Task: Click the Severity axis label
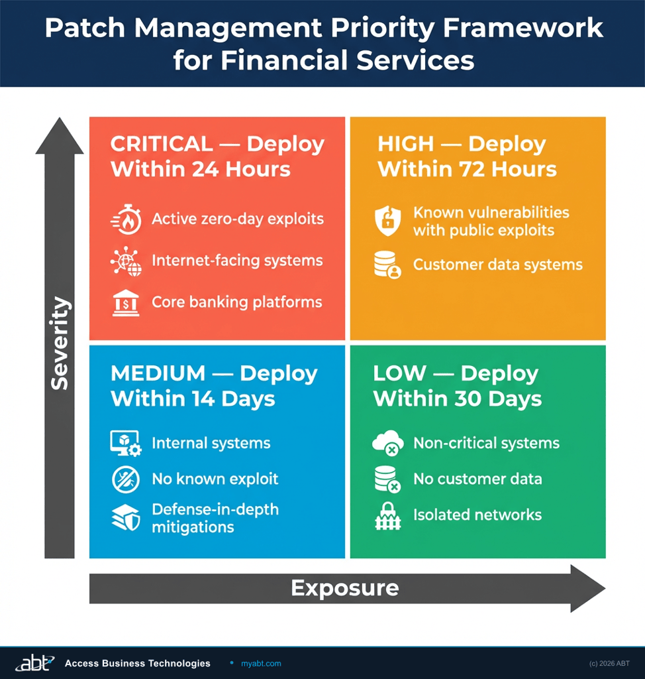tap(60, 343)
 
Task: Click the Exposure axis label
tap(344, 587)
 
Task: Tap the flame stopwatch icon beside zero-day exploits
tap(125, 219)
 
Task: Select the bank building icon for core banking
tap(125, 303)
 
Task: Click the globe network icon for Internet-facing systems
tap(125, 261)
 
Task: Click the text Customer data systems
tap(497, 265)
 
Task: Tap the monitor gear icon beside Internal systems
tap(125, 444)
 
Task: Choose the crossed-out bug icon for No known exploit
tap(125, 479)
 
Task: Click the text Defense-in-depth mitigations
tap(215, 519)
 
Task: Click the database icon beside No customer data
tap(387, 479)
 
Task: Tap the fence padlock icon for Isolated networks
tap(387, 516)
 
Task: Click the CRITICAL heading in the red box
tap(217, 156)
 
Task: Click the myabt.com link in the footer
tap(261, 663)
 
